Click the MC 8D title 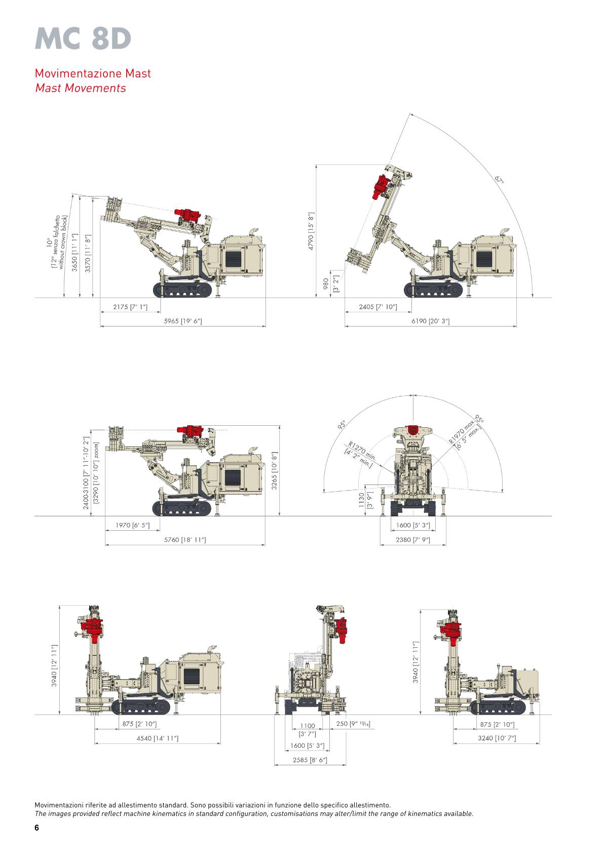83,39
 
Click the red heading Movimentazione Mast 93,73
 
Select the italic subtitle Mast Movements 81,88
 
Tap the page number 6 36,828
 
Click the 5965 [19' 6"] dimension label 183,321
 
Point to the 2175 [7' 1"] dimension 130,307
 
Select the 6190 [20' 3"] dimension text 430,321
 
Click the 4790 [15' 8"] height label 311,231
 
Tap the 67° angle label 499,179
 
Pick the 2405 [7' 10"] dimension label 378,307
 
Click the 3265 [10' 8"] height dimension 274,471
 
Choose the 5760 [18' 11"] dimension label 184,540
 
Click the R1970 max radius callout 466,434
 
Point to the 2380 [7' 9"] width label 412,540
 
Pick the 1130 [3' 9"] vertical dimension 365,500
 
